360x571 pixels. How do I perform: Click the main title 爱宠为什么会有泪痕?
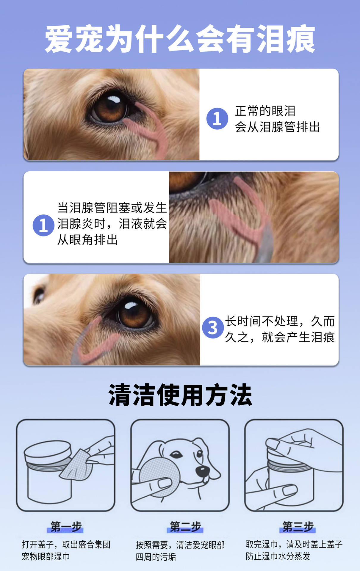tap(180, 39)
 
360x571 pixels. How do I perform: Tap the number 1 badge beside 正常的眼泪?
tap(217, 119)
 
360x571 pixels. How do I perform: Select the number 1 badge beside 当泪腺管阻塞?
tap(43, 225)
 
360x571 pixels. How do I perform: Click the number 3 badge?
tap(213, 327)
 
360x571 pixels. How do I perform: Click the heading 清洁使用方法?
tap(180, 395)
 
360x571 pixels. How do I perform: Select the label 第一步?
tap(66, 527)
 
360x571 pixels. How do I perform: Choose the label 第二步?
tap(185, 527)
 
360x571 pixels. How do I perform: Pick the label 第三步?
tap(298, 527)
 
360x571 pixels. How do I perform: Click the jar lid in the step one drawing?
tap(48, 454)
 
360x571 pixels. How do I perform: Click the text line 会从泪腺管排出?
tap(277, 127)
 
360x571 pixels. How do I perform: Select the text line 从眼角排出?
tap(87, 240)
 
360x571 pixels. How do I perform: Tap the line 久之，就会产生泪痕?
tap(280, 337)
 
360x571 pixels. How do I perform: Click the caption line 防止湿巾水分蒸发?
tap(278, 556)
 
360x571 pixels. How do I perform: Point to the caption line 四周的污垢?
tap(156, 557)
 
